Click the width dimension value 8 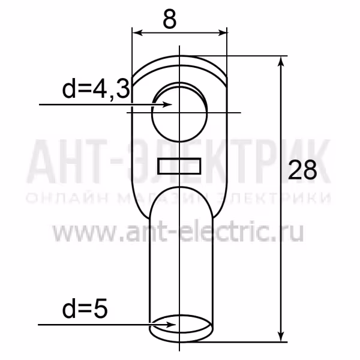[x=170, y=19]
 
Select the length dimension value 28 [x=302, y=170]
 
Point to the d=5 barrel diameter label [x=85, y=308]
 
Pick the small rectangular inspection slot [x=179, y=166]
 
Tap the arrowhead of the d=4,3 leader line [x=167, y=104]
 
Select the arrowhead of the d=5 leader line [x=171, y=325]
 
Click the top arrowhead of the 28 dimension [x=281, y=61]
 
